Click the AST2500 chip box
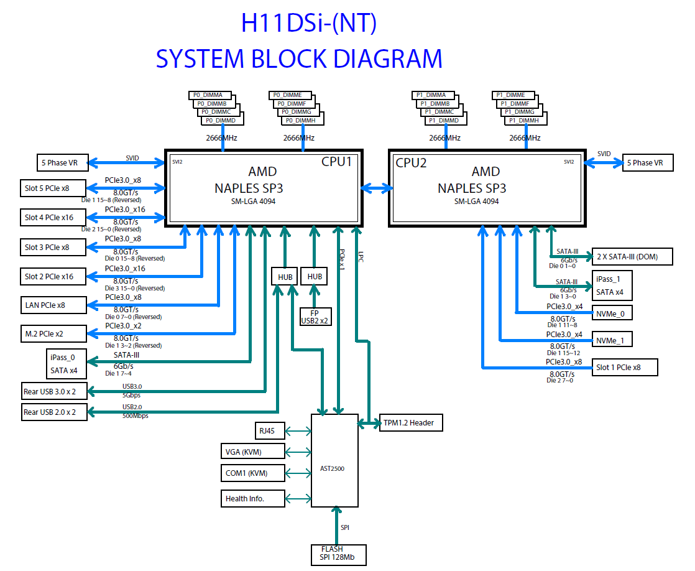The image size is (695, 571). pyautogui.click(x=334, y=460)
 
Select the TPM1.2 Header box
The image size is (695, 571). pyautogui.click(x=411, y=423)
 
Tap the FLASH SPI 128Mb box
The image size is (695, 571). pyautogui.click(x=339, y=555)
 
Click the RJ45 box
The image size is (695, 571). pyautogui.click(x=270, y=431)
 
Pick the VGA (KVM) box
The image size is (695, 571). pyautogui.click(x=252, y=452)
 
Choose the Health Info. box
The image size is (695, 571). pyautogui.click(x=252, y=498)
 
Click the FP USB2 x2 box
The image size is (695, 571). pyautogui.click(x=315, y=317)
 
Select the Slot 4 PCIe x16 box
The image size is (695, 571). pyautogui.click(x=53, y=218)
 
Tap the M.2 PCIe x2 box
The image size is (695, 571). pyautogui.click(x=53, y=333)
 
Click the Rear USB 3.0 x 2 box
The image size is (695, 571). pyautogui.click(x=54, y=391)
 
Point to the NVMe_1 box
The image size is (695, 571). pyautogui.click(x=612, y=340)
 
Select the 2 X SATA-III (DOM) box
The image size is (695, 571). pyautogui.click(x=632, y=256)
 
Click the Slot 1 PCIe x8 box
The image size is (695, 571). pyautogui.click(x=625, y=368)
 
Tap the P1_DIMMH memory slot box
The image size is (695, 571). pyautogui.click(x=526, y=121)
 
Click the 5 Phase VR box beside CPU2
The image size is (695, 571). pyautogui.click(x=648, y=162)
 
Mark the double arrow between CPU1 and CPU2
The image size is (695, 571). pyautogui.click(x=376, y=188)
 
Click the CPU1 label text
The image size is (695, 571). pyautogui.click(x=336, y=162)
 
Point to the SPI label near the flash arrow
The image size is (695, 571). pyautogui.click(x=345, y=527)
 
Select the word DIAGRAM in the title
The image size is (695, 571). pyautogui.click(x=388, y=58)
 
